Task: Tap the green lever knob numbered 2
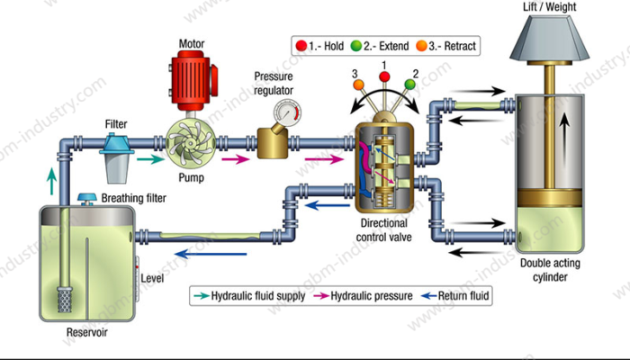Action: click(x=410, y=85)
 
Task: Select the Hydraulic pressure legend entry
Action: click(x=365, y=294)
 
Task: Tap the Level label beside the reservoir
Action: click(x=152, y=278)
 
